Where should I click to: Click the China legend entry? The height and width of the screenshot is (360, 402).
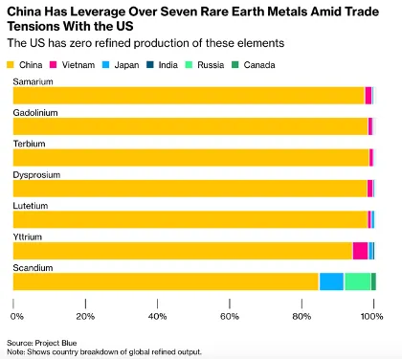click(x=28, y=65)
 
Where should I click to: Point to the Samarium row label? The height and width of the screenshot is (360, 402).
click(x=33, y=83)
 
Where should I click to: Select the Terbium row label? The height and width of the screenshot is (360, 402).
click(x=29, y=144)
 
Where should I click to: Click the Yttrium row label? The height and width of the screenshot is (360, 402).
click(x=28, y=236)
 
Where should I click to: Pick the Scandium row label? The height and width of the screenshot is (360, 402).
click(x=33, y=266)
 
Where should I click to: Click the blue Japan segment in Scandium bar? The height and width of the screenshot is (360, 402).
click(x=331, y=281)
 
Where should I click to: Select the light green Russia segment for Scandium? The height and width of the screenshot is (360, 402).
click(x=357, y=281)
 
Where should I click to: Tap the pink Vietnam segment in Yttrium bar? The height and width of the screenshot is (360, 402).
click(x=360, y=251)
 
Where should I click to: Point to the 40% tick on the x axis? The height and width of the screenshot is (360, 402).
click(x=157, y=315)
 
